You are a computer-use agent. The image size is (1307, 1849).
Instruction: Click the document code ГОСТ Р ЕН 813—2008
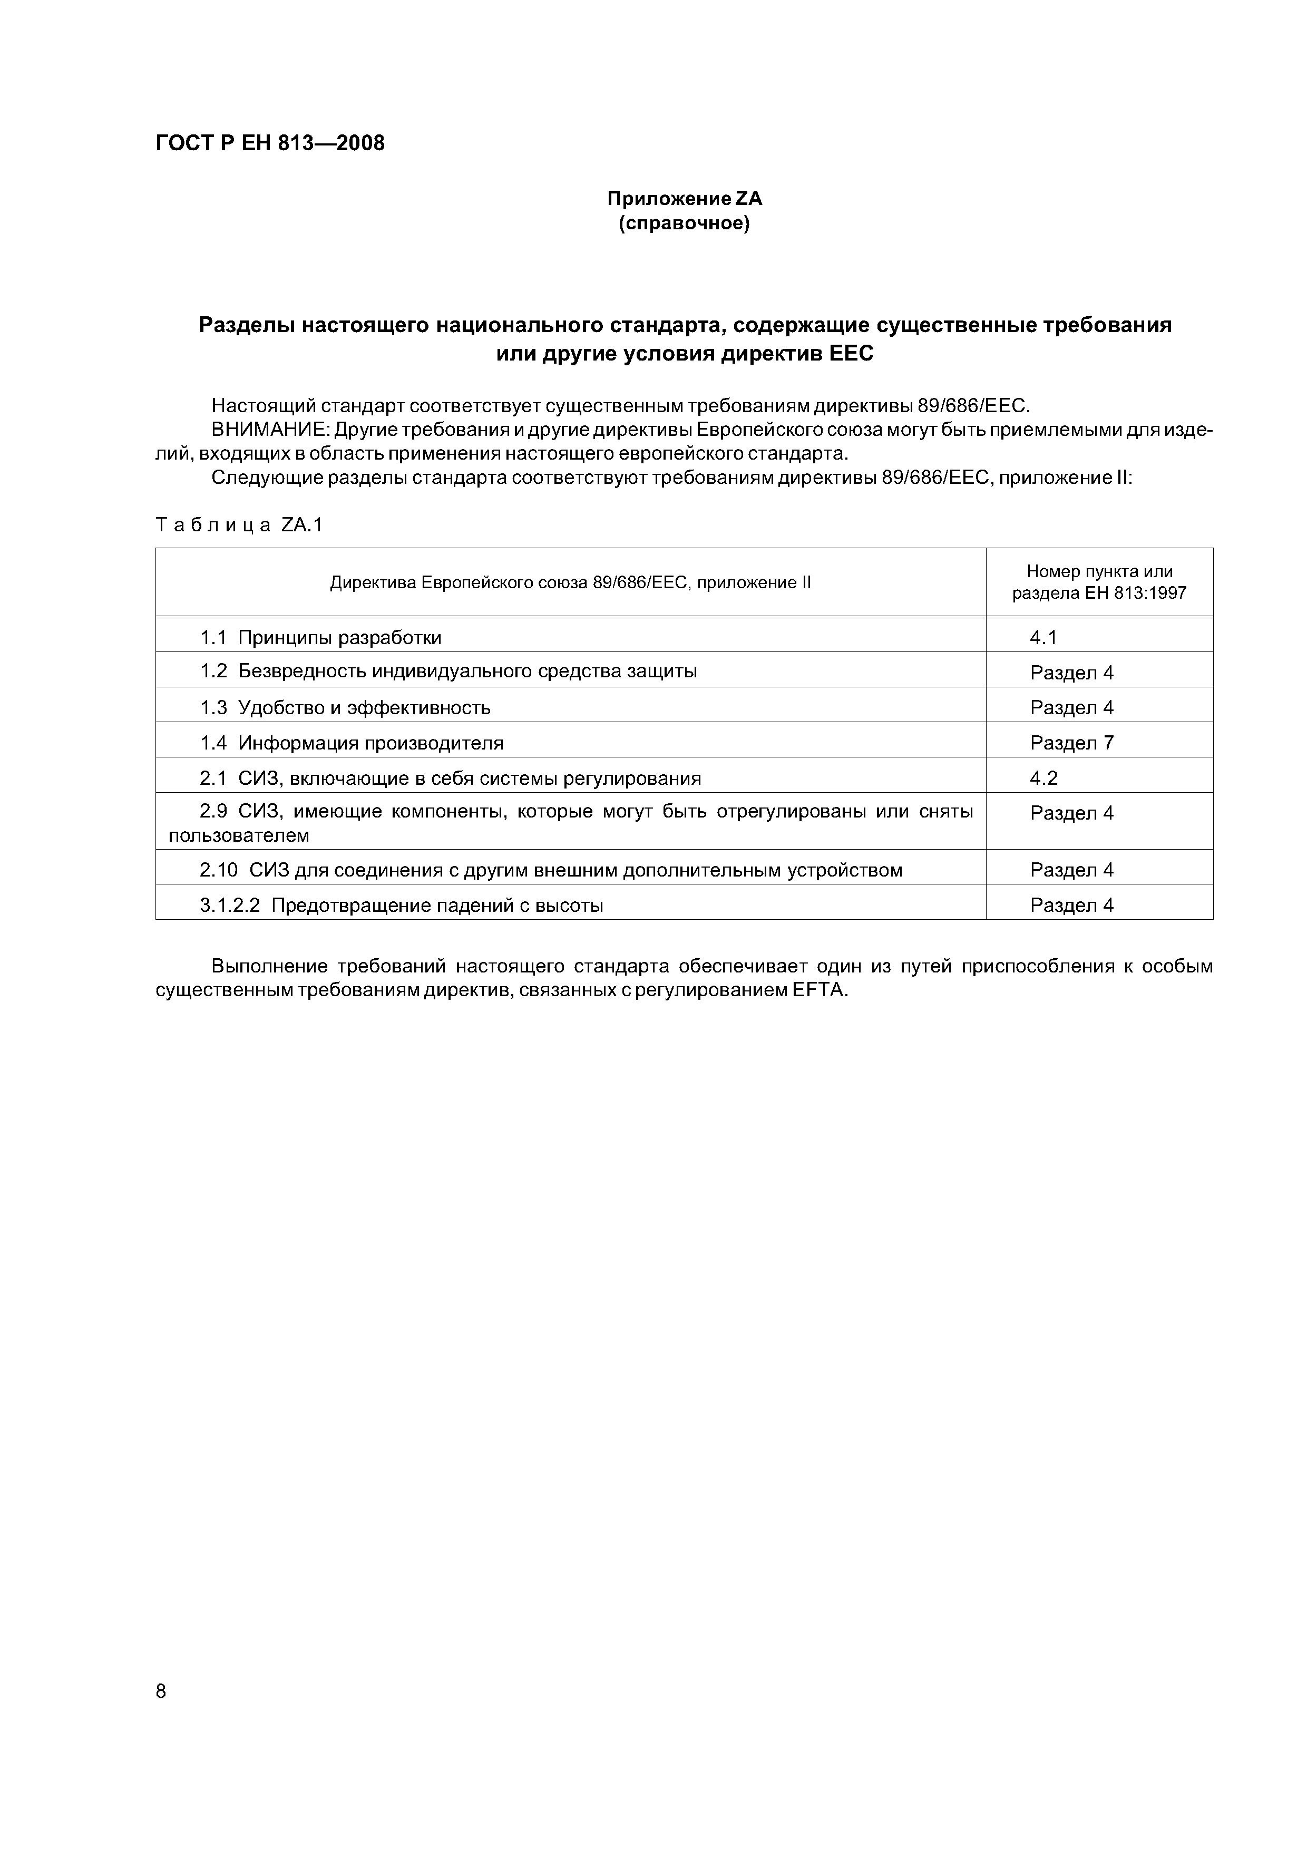pyautogui.click(x=270, y=143)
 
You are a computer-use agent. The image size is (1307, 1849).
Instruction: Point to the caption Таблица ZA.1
pyautogui.click(x=238, y=525)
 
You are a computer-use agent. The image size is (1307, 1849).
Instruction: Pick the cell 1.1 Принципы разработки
pyautogui.click(x=320, y=638)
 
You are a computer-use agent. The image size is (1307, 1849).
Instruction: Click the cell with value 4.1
pyautogui.click(x=1043, y=638)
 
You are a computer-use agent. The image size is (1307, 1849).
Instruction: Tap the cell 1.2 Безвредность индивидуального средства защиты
pyautogui.click(x=448, y=672)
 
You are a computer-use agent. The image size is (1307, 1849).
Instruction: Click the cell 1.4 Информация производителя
pyautogui.click(x=351, y=743)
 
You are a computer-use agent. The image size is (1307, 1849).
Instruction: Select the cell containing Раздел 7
pyautogui.click(x=1071, y=743)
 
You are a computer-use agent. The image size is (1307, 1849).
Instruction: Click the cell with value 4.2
pyautogui.click(x=1043, y=778)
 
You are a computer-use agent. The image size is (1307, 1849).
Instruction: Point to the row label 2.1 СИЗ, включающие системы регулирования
pyautogui.click(x=450, y=778)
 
